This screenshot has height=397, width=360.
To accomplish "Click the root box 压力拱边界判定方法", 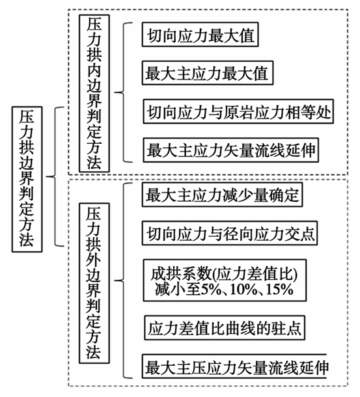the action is pos(27,179).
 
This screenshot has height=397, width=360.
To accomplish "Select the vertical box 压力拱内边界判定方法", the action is pos(94,94).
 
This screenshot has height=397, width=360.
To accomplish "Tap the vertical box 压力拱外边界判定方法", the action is pos(94,283).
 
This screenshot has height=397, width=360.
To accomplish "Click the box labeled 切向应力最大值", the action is pos(200,34).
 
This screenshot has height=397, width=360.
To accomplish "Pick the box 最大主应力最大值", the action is pos(208,73).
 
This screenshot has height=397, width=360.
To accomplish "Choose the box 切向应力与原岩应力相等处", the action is pos(238,111).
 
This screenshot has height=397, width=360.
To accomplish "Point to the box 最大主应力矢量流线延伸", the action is pos(231,150).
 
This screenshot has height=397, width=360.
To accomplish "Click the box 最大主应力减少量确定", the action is pos(222,195).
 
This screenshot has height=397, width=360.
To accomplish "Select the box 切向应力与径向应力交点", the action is pos(230,233).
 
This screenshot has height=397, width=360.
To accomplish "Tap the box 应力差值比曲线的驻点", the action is pos(225,327).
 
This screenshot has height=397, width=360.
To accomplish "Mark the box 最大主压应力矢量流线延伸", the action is pos(234,366).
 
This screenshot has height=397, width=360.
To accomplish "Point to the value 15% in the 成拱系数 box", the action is pos(280,289).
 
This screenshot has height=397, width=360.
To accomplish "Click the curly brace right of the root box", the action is pos(55,176).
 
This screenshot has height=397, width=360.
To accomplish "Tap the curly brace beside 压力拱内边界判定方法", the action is pos(124,92).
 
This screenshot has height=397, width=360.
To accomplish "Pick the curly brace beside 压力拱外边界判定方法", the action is pos(124,281).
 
